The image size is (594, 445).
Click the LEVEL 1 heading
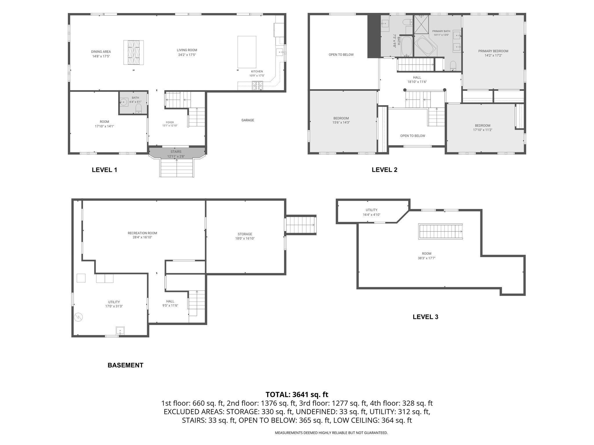104,170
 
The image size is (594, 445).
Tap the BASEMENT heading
126,365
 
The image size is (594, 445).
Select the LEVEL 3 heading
425,317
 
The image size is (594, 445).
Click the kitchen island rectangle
247,52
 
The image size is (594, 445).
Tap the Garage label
248,120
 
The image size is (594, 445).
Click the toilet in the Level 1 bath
139,108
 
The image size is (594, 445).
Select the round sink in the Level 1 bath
124,102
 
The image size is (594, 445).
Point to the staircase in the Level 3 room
440,231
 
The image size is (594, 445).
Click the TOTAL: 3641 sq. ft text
297,395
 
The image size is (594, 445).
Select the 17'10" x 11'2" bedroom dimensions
483,130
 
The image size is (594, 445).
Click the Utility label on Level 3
372,210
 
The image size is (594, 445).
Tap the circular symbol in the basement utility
78,317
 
